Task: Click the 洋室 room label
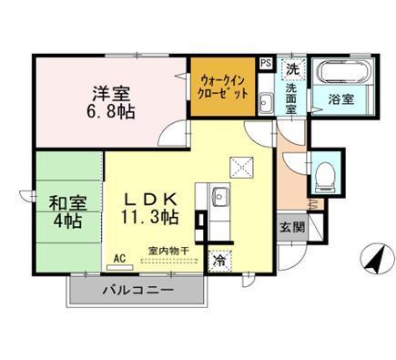pyautogui.click(x=110, y=92)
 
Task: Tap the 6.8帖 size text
pyautogui.click(x=111, y=113)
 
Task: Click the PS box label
pyautogui.click(x=265, y=64)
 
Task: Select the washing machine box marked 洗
pyautogui.click(x=291, y=69)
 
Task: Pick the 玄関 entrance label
pyautogui.click(x=290, y=227)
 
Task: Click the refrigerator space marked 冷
pyautogui.click(x=219, y=259)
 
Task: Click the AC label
pyautogui.click(x=117, y=258)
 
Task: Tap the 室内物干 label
pyautogui.click(x=168, y=250)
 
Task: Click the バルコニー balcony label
pyautogui.click(x=138, y=291)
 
